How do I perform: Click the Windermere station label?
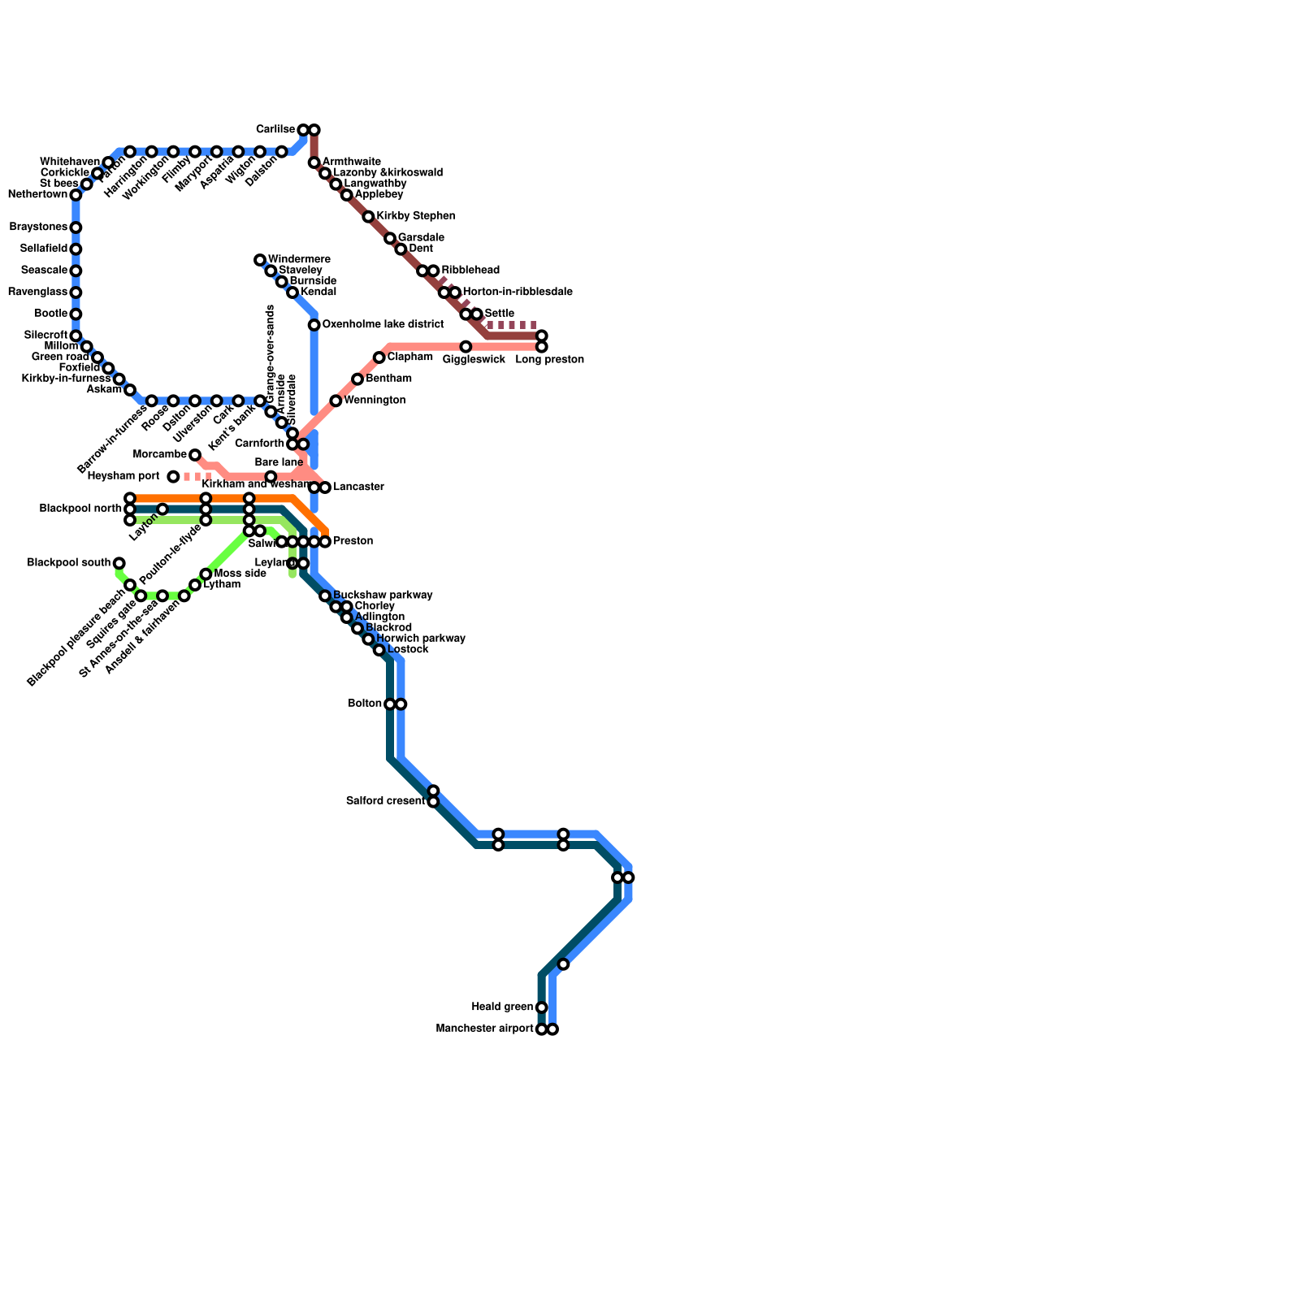(x=299, y=259)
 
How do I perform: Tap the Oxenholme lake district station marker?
(x=314, y=325)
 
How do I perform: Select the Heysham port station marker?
(x=173, y=476)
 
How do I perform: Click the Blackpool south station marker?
(x=119, y=563)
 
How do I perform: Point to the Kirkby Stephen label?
(x=415, y=216)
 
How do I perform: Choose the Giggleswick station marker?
(x=466, y=347)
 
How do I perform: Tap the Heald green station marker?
(x=542, y=1007)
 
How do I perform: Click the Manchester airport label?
(x=484, y=1029)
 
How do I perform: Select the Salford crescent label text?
(x=385, y=801)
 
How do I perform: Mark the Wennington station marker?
(x=336, y=401)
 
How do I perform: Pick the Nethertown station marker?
(x=76, y=195)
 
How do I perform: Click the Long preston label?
(x=549, y=360)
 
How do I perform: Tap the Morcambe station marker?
(x=195, y=455)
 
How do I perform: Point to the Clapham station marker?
(x=379, y=357)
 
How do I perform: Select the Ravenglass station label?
(x=40, y=292)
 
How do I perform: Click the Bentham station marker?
(x=357, y=379)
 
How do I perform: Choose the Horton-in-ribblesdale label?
(x=517, y=292)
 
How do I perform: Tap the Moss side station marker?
(x=206, y=574)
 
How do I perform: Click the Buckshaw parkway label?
(x=383, y=596)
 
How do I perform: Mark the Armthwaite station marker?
(x=314, y=163)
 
